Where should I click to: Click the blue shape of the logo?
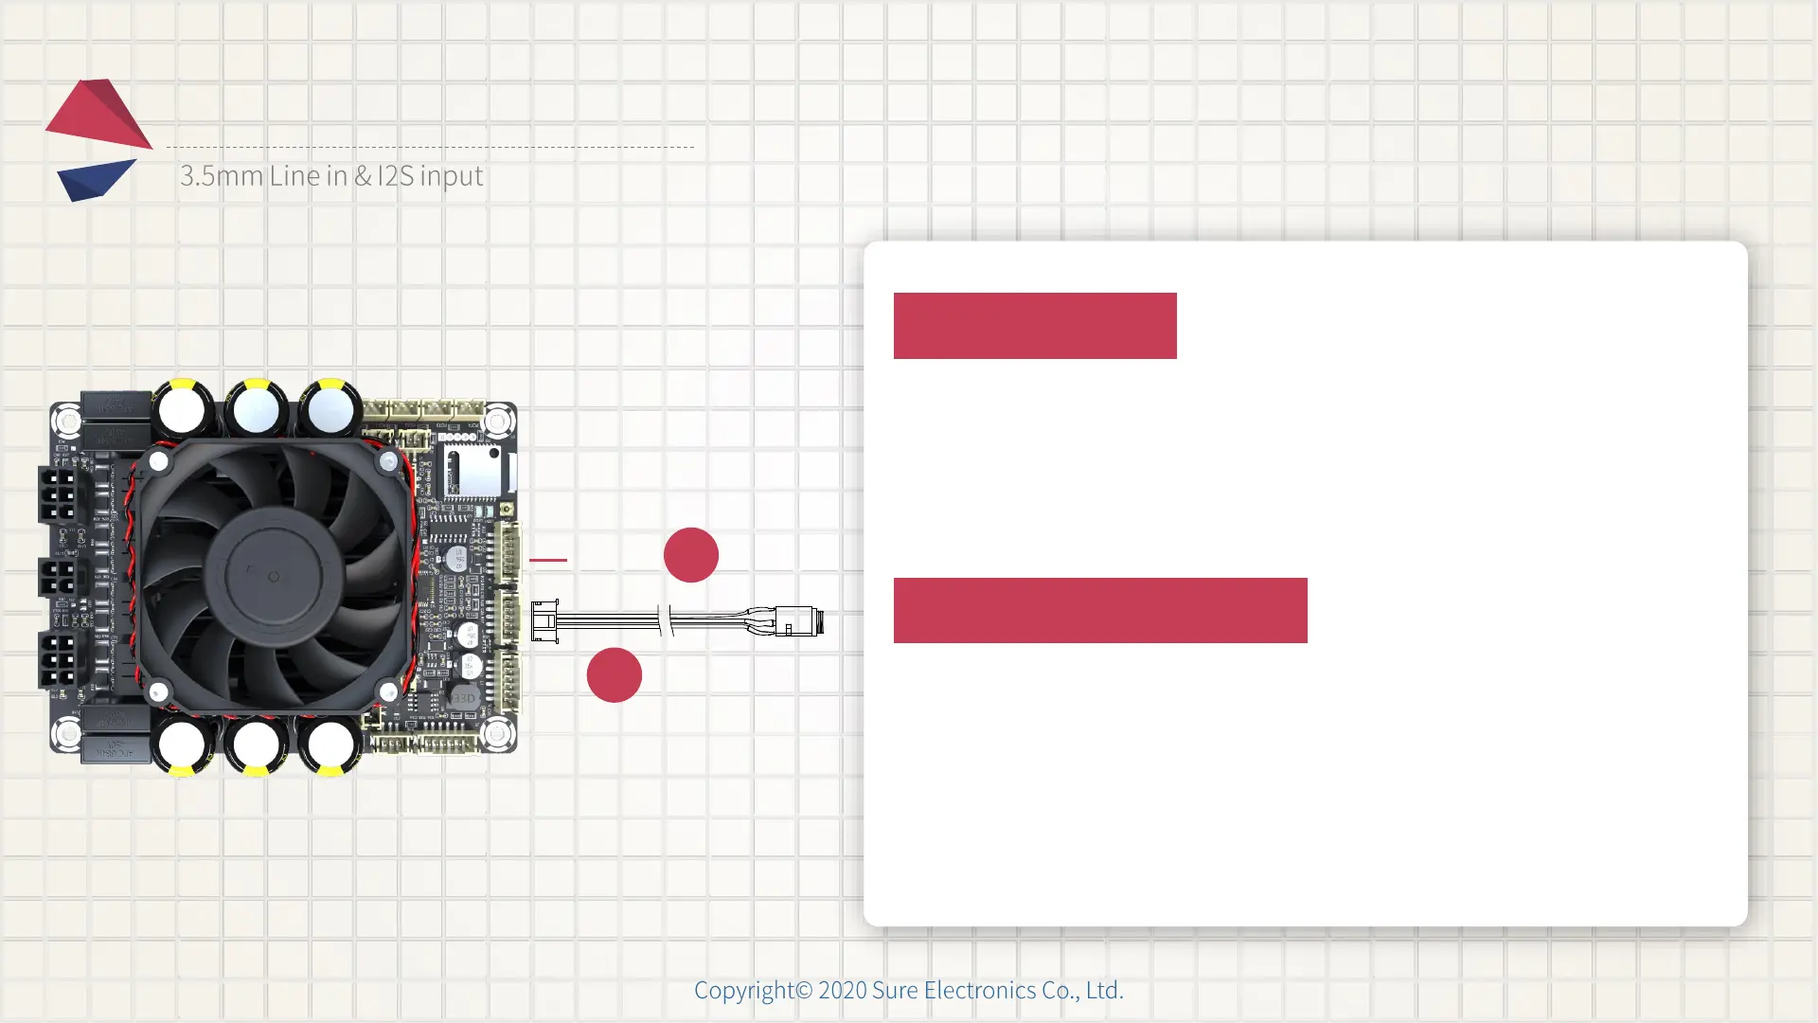[95, 179]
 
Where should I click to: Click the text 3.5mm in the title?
[221, 176]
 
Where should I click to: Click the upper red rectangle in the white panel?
[1035, 326]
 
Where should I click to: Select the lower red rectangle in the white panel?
[1100, 610]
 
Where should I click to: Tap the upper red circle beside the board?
[691, 555]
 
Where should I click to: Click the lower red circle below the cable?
[615, 675]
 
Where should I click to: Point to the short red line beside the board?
[548, 560]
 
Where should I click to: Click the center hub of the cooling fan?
[273, 576]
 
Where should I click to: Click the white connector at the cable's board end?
[544, 621]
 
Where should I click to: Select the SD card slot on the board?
[472, 469]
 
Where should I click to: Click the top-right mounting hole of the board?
[498, 421]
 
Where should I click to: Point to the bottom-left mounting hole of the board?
[67, 732]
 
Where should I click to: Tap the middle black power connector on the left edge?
[58, 576]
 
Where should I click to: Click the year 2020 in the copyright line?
[842, 990]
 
